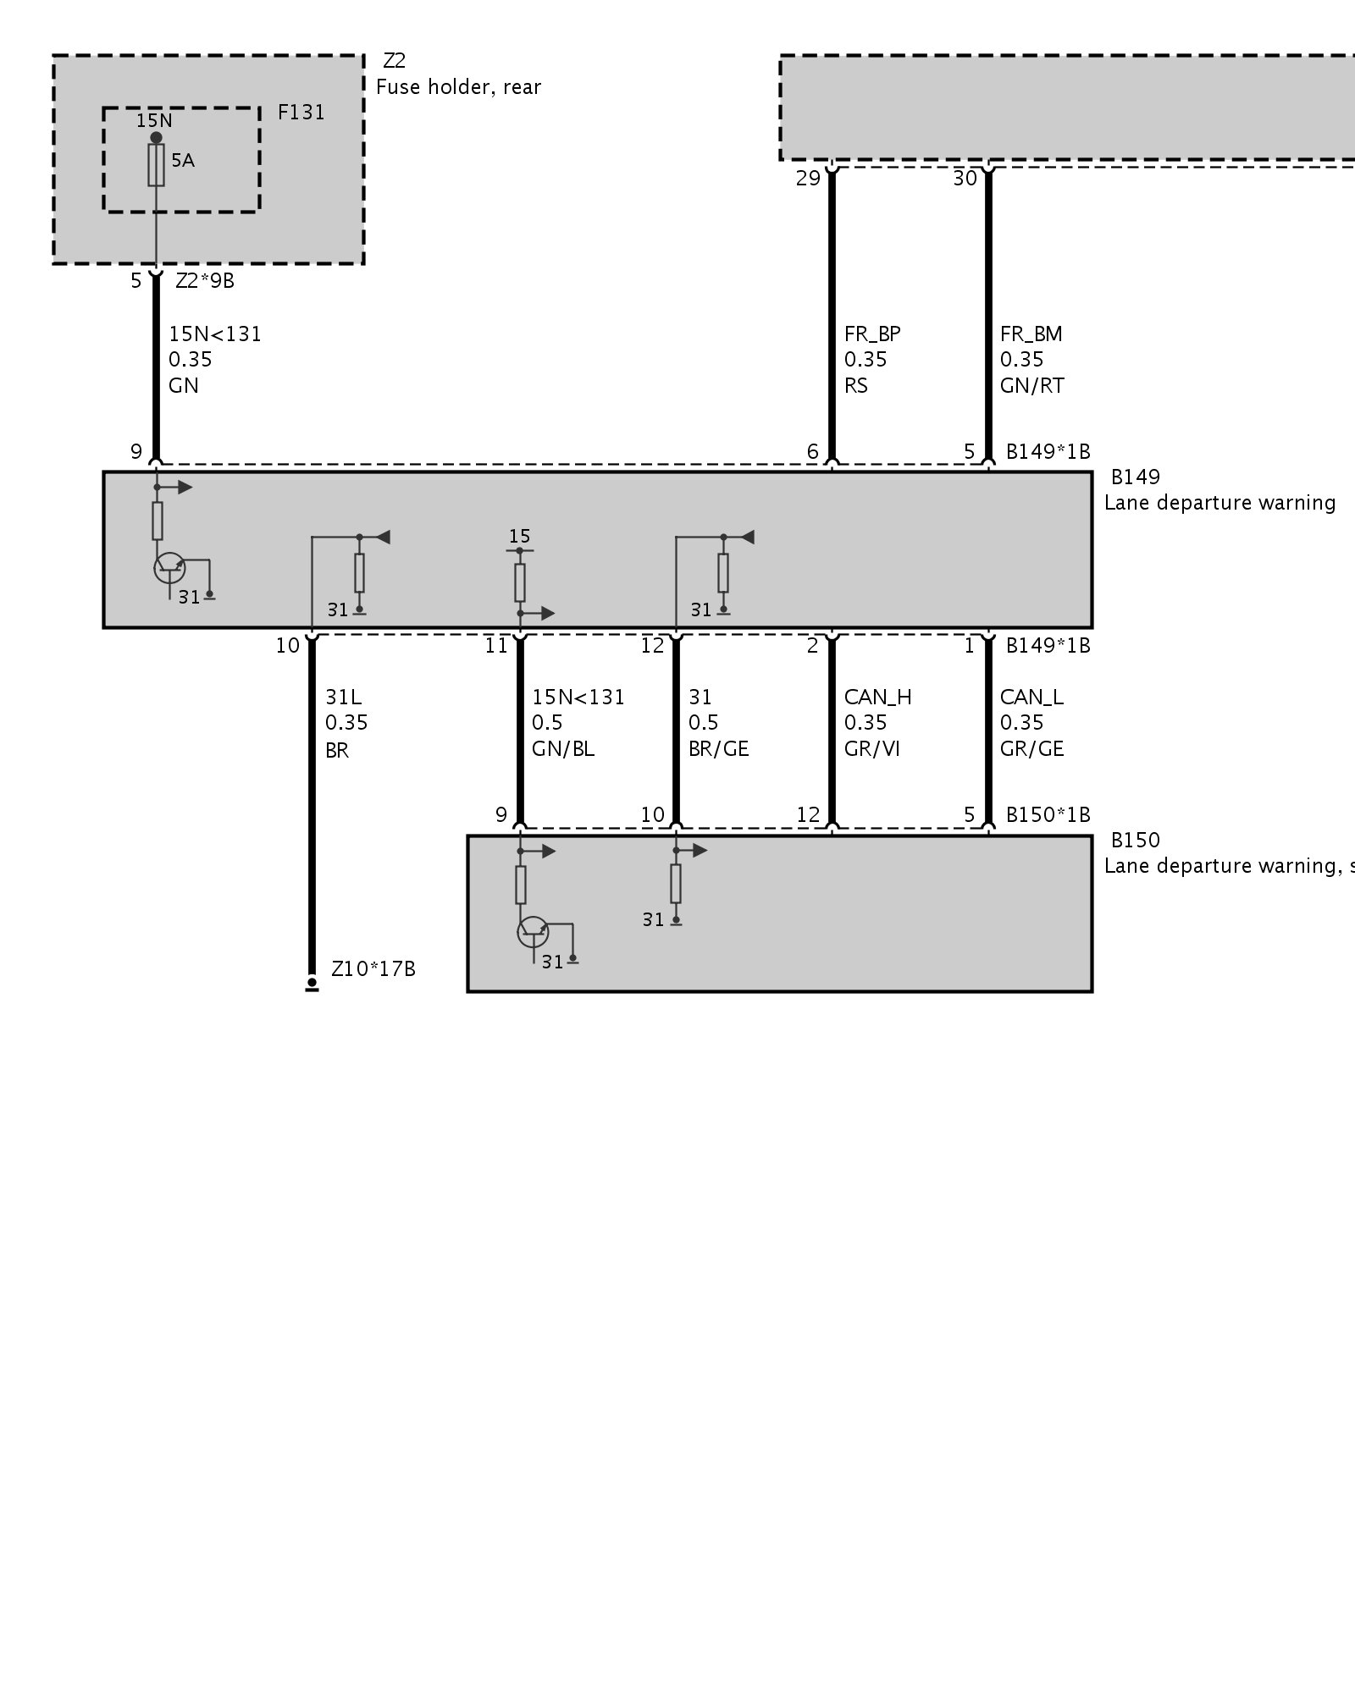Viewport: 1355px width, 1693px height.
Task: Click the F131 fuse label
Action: click(x=301, y=113)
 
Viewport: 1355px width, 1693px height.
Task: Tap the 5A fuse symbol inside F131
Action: click(x=157, y=164)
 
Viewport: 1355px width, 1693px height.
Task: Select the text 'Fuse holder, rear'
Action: click(x=458, y=87)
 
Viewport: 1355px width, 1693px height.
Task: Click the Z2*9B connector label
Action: click(x=205, y=281)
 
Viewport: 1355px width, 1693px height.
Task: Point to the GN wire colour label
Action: click(x=184, y=386)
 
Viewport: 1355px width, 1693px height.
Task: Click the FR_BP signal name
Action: click(x=872, y=334)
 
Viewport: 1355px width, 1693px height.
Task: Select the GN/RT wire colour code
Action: click(x=1031, y=386)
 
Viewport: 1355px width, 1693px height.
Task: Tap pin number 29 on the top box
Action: click(x=808, y=179)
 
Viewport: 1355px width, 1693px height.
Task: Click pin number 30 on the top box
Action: click(x=965, y=179)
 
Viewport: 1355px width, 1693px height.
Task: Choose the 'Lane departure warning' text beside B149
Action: click(x=1219, y=503)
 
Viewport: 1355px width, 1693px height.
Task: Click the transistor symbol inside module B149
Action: click(x=169, y=568)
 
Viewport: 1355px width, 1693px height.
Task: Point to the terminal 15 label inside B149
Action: click(x=520, y=536)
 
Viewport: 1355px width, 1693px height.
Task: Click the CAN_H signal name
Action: click(x=877, y=698)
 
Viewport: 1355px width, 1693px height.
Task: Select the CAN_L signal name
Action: click(x=1031, y=698)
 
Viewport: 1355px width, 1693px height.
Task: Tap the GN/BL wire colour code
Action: click(x=563, y=749)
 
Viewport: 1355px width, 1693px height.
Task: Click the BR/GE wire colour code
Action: click(x=719, y=749)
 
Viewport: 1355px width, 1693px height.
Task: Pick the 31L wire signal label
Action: click(x=343, y=698)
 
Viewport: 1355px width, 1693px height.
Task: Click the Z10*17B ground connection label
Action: click(x=373, y=969)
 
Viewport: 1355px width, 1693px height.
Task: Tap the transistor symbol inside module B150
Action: click(x=533, y=932)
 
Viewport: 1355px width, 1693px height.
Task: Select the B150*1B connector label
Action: click(x=1048, y=814)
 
